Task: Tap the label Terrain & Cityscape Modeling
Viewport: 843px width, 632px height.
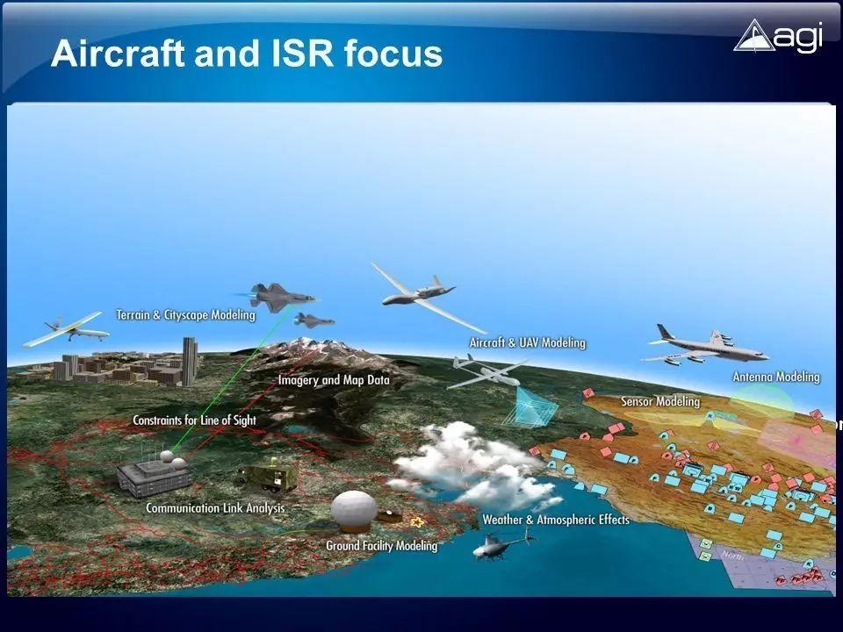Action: [x=185, y=314]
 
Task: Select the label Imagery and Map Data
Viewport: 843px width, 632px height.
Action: [x=333, y=380]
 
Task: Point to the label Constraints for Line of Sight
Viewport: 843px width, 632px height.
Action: [x=194, y=420]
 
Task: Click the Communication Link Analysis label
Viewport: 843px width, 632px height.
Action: [x=215, y=507]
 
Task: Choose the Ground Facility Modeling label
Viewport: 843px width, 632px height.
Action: [x=381, y=545]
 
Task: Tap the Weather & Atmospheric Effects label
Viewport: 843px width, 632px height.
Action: [x=555, y=520]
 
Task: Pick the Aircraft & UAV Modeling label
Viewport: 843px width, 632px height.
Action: [x=527, y=342]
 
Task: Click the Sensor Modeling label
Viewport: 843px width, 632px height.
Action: [x=659, y=401]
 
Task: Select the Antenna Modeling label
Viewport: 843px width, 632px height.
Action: [x=775, y=377]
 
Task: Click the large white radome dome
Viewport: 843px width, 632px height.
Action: [x=354, y=511]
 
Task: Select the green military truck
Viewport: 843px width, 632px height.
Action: [x=267, y=477]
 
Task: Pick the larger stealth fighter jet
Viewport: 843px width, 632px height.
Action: [x=271, y=297]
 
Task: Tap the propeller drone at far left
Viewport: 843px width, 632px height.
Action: [x=66, y=331]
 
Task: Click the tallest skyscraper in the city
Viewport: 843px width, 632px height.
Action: [x=189, y=360]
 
